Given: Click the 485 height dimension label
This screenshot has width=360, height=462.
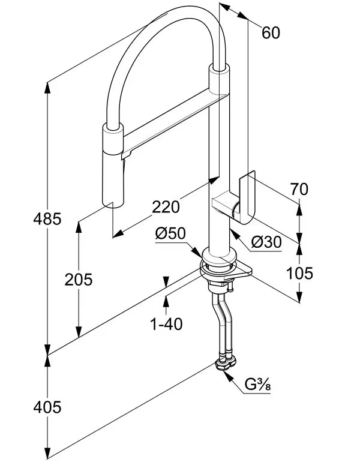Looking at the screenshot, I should point(46,219).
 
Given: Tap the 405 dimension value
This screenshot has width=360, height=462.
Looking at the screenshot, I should point(46,407).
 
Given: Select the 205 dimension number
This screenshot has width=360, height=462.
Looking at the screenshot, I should point(79,279).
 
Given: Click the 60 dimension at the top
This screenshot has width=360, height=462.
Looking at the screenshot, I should point(271,33).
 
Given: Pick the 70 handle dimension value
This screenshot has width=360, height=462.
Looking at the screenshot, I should point(298,190).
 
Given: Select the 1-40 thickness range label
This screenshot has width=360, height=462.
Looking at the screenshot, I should point(166,324).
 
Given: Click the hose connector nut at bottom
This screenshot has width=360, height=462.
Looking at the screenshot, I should point(226,362).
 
